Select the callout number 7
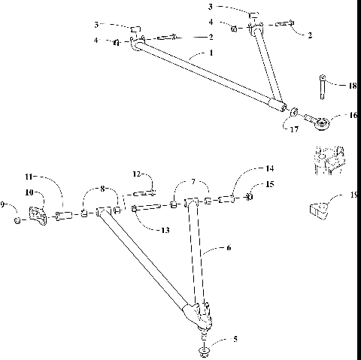(193, 183)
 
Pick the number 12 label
(137, 174)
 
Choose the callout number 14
(269, 168)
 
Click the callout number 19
(353, 195)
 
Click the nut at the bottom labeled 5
(204, 351)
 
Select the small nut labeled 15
(249, 198)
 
